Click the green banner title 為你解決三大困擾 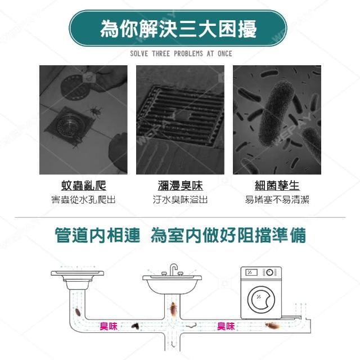tap(178, 29)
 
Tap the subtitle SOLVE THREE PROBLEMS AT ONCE tap(181, 54)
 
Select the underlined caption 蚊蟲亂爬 tap(84, 186)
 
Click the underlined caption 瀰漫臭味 tap(180, 186)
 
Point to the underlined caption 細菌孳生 tap(277, 186)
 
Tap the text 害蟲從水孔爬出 tap(83, 200)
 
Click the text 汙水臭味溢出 tap(180, 200)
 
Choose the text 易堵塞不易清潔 tap(277, 200)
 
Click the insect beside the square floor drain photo tap(95, 111)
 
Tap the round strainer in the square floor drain tap(67, 125)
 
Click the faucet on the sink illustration tap(173, 269)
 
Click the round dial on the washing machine tap(270, 272)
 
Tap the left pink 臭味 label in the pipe tap(109, 326)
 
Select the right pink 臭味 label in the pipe tap(226, 326)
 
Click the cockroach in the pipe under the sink tap(173, 310)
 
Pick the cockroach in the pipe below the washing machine tap(272, 325)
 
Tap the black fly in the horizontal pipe tap(135, 326)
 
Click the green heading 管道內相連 tap(97, 235)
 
